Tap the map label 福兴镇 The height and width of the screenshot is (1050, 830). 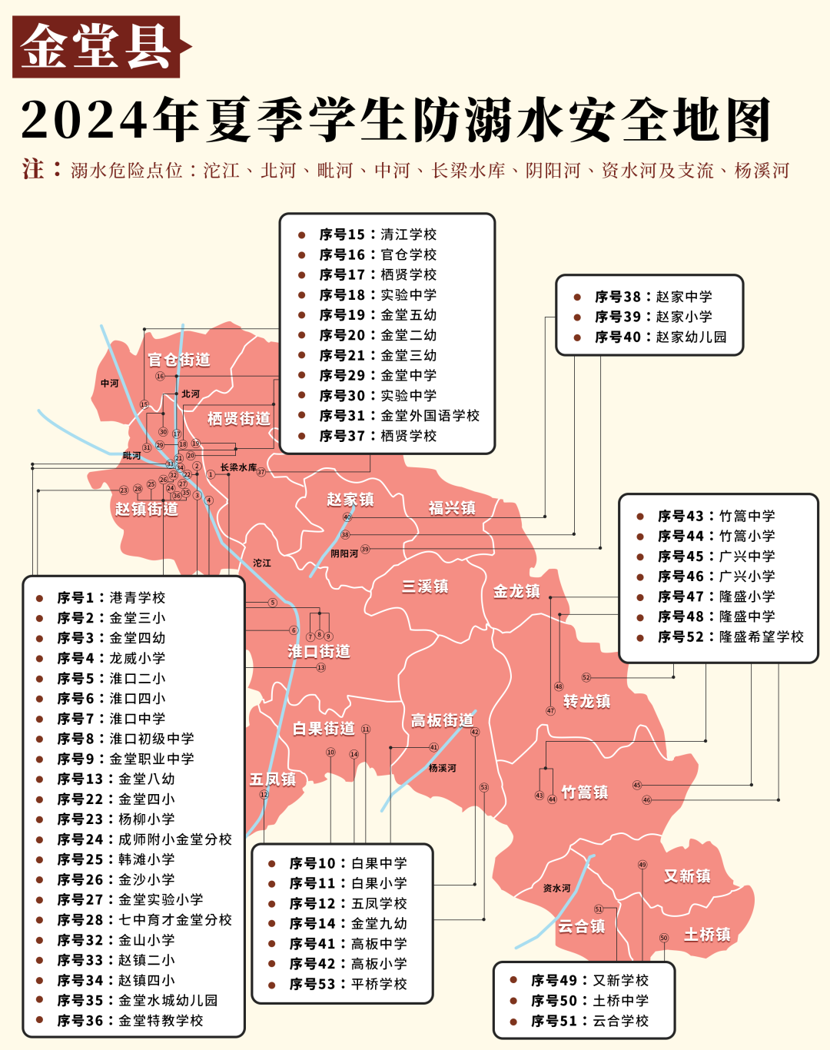tap(452, 508)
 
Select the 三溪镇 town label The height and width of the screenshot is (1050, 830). tap(425, 586)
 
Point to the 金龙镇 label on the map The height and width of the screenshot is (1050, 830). tap(516, 591)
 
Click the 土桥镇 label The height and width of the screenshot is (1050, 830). tap(707, 935)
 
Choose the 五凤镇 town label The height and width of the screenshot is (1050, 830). tap(273, 779)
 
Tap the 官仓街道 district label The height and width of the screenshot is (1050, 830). tap(179, 360)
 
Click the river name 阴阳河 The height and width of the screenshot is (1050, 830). tap(344, 553)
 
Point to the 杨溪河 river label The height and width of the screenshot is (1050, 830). tap(442, 768)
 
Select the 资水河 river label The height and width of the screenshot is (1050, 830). tap(556, 888)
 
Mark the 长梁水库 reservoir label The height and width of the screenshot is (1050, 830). tap(238, 467)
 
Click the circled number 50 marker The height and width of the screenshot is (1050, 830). tap(664, 938)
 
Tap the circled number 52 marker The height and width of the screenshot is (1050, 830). tap(586, 677)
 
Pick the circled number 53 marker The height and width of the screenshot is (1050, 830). tap(483, 787)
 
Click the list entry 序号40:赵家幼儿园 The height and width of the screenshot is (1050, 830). tap(659, 337)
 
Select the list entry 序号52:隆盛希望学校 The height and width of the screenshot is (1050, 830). tap(730, 636)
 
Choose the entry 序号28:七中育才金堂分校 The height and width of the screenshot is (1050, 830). tap(144, 919)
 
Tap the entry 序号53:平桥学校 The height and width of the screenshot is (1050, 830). tap(347, 984)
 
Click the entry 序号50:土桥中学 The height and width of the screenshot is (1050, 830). tap(589, 1001)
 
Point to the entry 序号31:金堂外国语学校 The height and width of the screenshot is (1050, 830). tap(399, 415)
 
